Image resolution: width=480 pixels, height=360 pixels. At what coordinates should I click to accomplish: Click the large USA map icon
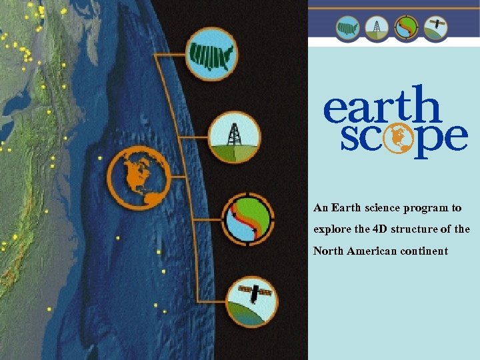click(x=211, y=53)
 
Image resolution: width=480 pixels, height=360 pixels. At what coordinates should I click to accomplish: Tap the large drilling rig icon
click(x=235, y=137)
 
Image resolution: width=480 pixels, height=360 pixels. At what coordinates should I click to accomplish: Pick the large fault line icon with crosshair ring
click(x=247, y=218)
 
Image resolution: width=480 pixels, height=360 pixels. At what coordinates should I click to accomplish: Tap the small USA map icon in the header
click(x=347, y=27)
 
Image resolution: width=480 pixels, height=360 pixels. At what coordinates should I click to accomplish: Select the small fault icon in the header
click(x=407, y=27)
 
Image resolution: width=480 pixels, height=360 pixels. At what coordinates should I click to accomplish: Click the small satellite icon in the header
click(x=436, y=27)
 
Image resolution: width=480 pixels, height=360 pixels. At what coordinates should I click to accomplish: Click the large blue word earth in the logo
click(x=382, y=106)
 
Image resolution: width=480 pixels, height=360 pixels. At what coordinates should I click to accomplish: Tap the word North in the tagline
click(x=328, y=251)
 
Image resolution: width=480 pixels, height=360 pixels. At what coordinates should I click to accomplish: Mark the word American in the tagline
click(x=373, y=251)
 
